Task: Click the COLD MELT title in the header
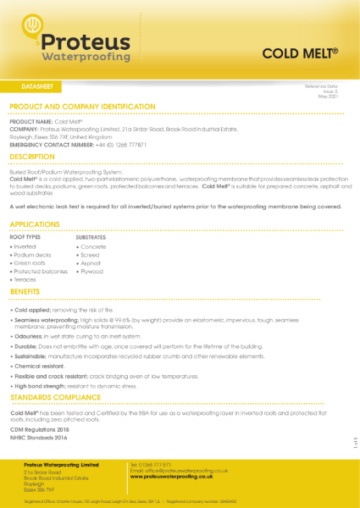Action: tap(300, 52)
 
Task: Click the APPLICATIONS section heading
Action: tap(35, 224)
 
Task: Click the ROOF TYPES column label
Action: tap(25, 237)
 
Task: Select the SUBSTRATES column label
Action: tap(91, 237)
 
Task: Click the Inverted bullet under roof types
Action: tap(25, 246)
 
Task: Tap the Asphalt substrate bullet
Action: tap(91, 263)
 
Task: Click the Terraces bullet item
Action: tap(26, 280)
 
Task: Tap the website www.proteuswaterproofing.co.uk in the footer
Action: tap(176, 477)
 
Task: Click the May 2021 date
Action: tap(329, 97)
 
